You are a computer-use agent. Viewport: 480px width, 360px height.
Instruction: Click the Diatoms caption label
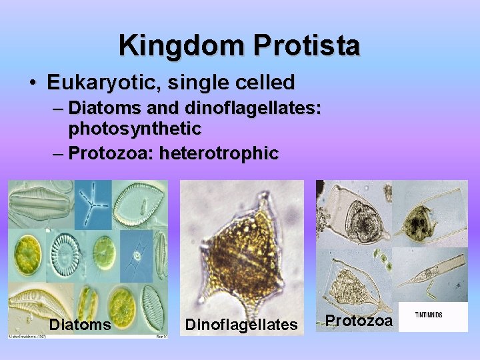pos(79,324)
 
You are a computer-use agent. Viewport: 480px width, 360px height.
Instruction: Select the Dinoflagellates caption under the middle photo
pos(241,325)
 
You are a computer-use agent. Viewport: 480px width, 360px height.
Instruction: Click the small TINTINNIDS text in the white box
pos(429,315)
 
